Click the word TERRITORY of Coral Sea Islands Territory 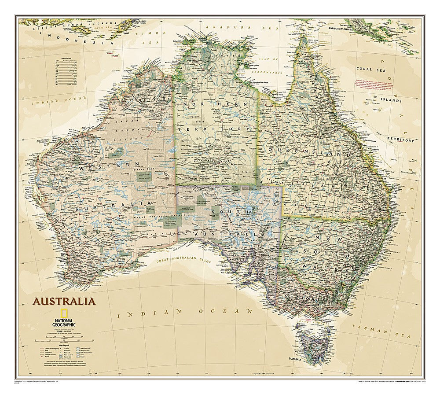click(400, 140)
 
